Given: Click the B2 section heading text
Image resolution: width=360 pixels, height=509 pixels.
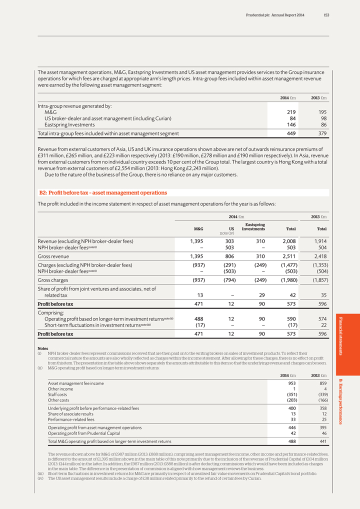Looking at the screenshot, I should pos(103,192).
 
